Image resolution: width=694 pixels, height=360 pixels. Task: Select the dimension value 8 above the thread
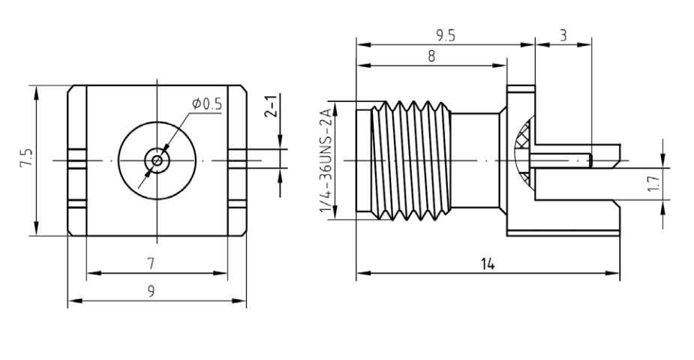coord(431,55)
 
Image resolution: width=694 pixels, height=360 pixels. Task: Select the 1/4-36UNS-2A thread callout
coord(328,160)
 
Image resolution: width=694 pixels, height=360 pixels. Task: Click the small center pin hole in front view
coord(156,160)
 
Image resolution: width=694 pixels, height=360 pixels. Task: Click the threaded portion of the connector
coord(409,160)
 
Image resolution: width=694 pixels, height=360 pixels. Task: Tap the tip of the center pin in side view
coord(590,160)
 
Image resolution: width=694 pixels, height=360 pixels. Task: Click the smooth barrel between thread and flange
coord(477,160)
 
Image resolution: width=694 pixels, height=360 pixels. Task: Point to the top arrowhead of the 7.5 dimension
coord(36,89)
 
